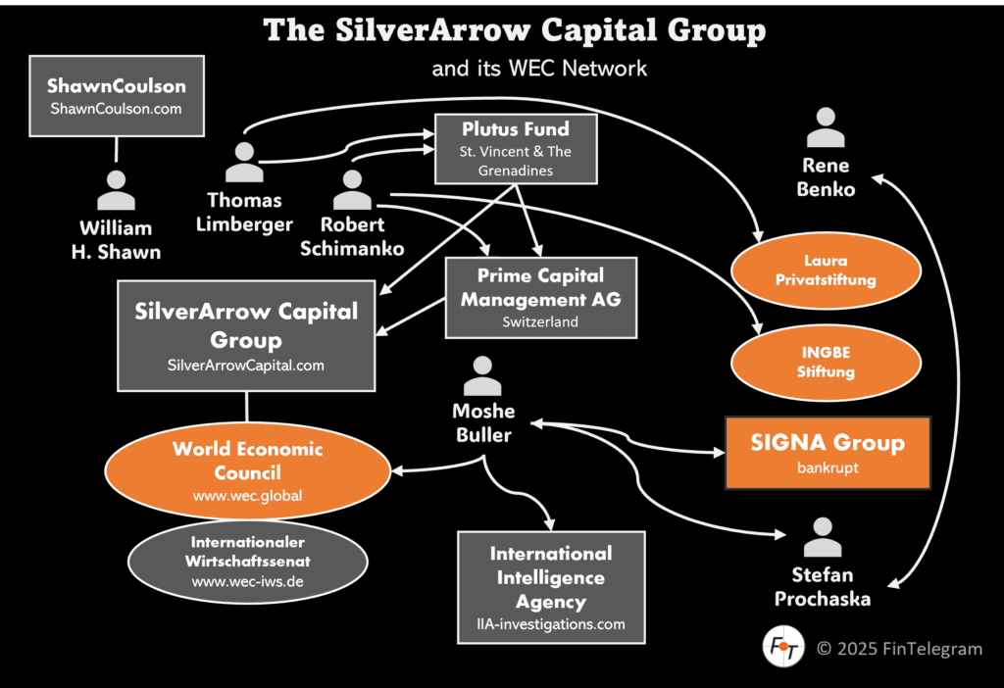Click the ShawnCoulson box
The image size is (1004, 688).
(x=117, y=96)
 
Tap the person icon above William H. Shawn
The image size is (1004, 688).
(x=117, y=190)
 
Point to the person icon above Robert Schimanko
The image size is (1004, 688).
(x=352, y=189)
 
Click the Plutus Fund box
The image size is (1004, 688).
(x=516, y=150)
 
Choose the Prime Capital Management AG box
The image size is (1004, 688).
(x=540, y=297)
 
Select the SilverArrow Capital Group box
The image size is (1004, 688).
(x=246, y=335)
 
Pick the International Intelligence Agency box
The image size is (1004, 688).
(x=551, y=587)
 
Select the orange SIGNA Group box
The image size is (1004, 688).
(x=828, y=452)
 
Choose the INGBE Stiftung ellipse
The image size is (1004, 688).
(x=826, y=363)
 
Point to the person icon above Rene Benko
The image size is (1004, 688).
(x=826, y=127)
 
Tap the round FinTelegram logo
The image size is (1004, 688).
(x=782, y=648)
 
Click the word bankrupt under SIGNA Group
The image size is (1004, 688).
(x=828, y=467)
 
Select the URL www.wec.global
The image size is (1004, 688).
(x=247, y=496)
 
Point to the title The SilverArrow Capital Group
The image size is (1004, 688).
(x=515, y=31)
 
